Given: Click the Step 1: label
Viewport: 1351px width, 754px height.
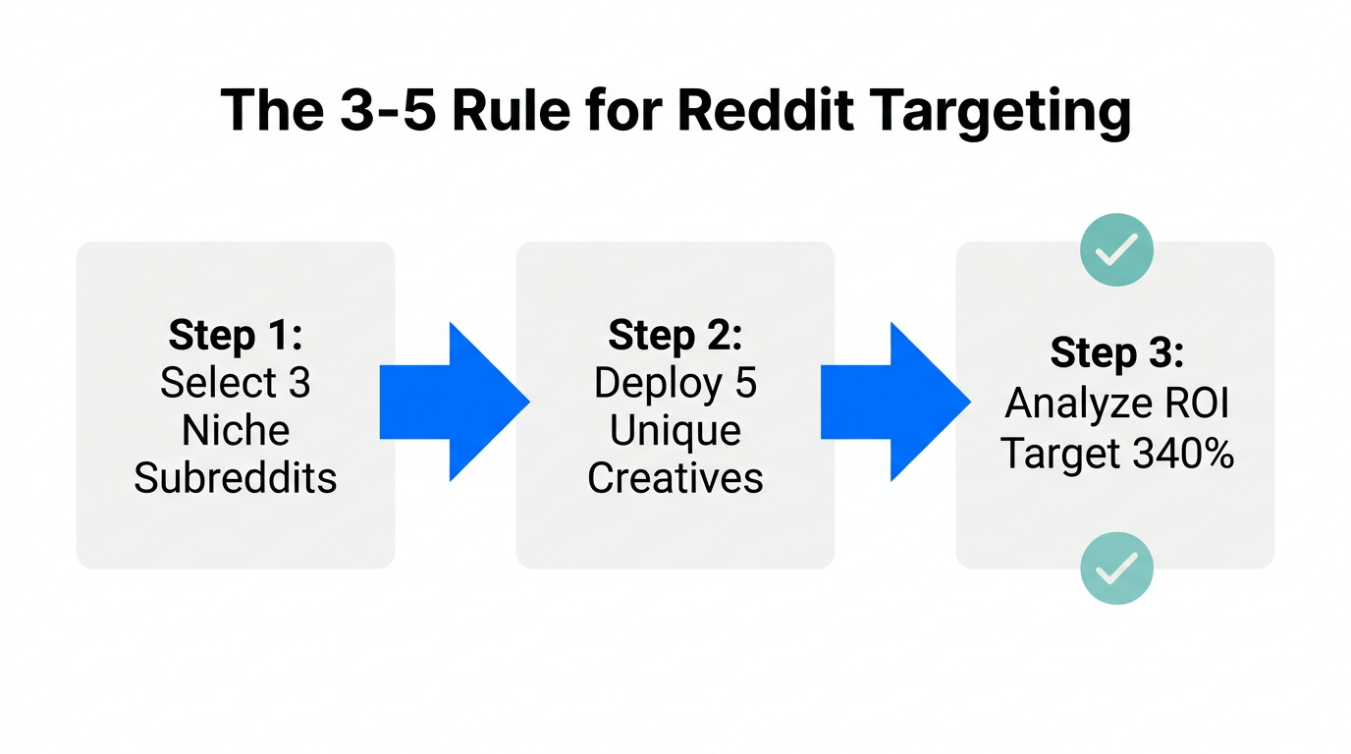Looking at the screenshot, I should click(x=236, y=336).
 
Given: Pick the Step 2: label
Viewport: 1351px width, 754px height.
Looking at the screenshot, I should click(x=675, y=336).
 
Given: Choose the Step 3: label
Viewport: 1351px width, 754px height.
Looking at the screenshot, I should click(x=1116, y=352).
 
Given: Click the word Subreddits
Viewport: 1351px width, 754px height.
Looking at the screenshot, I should click(x=236, y=478).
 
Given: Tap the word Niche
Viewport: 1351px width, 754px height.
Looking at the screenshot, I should click(x=236, y=431).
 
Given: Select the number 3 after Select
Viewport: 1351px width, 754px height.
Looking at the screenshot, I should click(x=298, y=383).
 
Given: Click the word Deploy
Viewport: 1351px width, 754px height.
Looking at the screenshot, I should click(x=656, y=383).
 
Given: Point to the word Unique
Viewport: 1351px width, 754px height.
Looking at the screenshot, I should click(x=675, y=431).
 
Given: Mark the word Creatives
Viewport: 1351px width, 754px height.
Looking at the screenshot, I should click(x=675, y=478).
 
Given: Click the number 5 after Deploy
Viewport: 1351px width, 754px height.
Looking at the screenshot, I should click(x=746, y=383).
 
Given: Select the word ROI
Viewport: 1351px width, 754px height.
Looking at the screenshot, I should click(x=1198, y=403).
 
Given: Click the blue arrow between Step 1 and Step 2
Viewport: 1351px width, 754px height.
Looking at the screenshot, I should click(x=455, y=402).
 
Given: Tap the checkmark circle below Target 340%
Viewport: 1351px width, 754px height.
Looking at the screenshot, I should click(x=1116, y=567).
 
